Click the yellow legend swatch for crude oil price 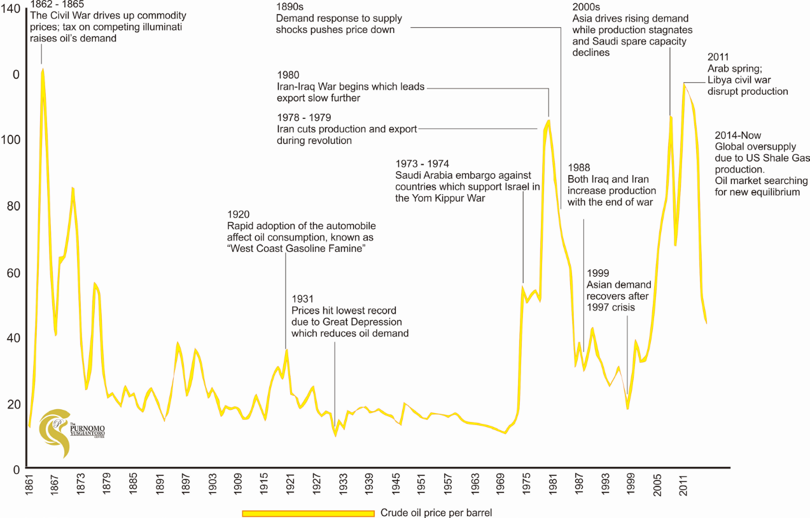coord(307,513)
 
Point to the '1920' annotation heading coord(239,214)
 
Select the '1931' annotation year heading coord(303,299)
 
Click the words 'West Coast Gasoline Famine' coord(298,249)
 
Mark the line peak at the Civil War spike coord(42,68)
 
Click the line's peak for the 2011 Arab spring coord(684,83)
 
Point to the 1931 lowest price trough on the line coord(335,435)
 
